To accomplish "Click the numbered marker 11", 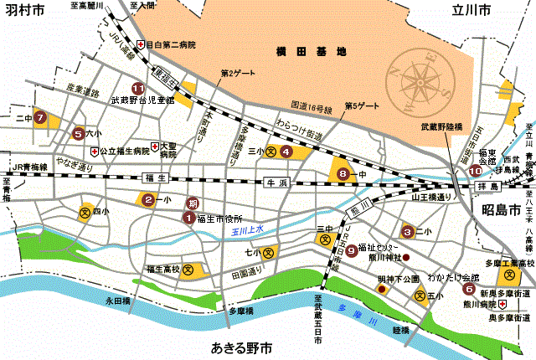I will click(137, 87).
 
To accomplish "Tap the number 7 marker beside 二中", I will click(39, 117).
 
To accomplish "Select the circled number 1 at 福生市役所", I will click(188, 218).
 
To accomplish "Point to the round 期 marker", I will click(193, 203).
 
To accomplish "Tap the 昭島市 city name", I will click(502, 209).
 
